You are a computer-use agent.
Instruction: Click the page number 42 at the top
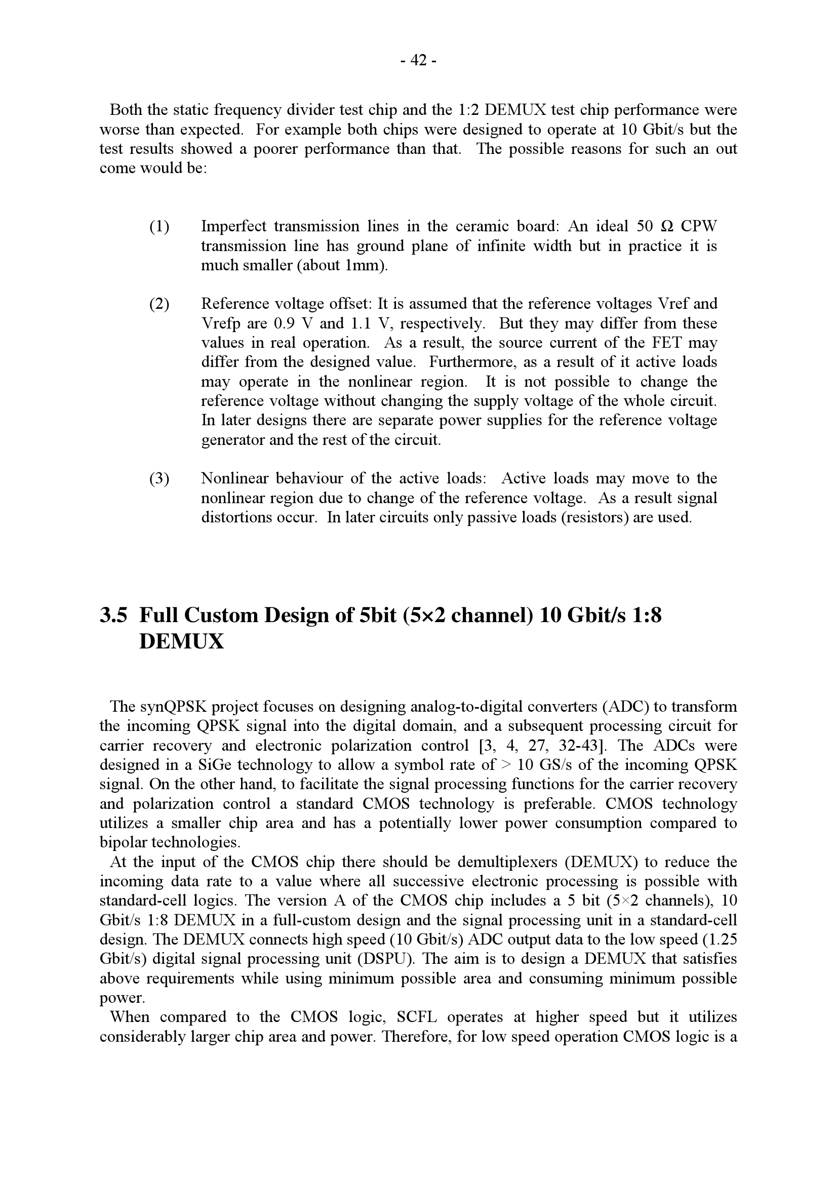(418, 61)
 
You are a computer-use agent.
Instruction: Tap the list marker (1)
(160, 226)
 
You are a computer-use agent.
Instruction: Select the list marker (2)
(160, 304)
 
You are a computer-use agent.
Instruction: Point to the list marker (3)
(160, 478)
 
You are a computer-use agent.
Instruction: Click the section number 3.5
(113, 615)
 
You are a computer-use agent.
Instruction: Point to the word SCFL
(417, 1017)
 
